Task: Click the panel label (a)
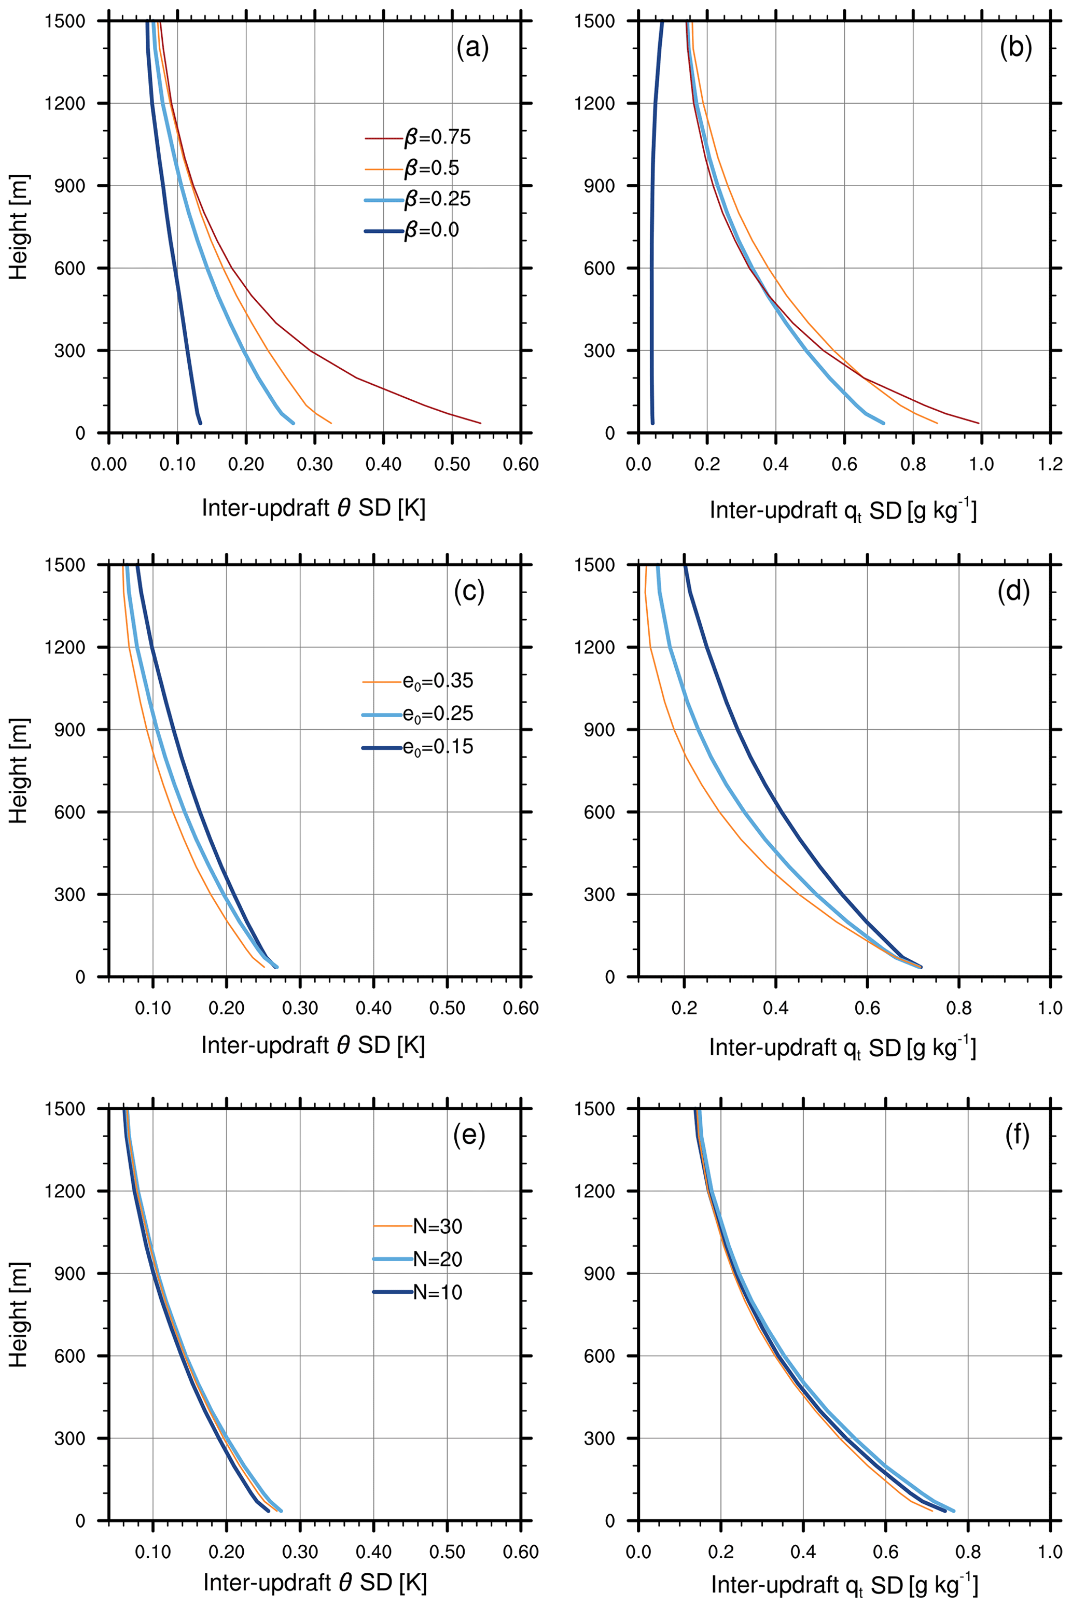click(x=472, y=49)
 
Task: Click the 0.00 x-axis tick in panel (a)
click(x=109, y=465)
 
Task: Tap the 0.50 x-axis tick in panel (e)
click(x=447, y=1553)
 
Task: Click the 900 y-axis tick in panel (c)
click(x=69, y=730)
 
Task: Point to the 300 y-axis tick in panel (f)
click(x=599, y=1438)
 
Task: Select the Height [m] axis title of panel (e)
click(x=19, y=1315)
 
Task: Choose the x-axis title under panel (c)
click(x=313, y=1045)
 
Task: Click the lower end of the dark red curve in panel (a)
click(x=481, y=423)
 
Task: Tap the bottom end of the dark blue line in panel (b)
click(x=652, y=423)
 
